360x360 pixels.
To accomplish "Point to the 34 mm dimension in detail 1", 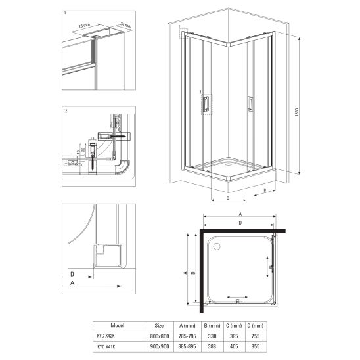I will tap(126, 26).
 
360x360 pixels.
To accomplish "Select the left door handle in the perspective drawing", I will tap(206, 104).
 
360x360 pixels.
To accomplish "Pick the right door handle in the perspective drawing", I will tap(250, 103).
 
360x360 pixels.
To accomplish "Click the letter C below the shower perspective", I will tap(227, 198).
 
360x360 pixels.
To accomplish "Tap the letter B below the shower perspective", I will tap(264, 191).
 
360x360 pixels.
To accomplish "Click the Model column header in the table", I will tap(118, 325).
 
